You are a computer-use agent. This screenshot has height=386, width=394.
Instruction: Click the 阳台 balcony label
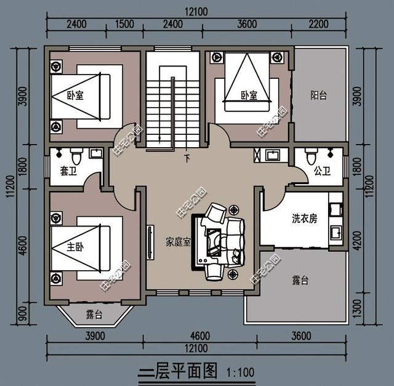(318, 95)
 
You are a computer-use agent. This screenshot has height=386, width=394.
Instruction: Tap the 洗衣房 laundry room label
(304, 219)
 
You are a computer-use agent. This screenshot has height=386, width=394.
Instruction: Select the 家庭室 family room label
(179, 241)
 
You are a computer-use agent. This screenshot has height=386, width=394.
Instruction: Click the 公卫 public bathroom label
(322, 171)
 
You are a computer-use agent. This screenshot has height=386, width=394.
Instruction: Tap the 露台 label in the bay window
(94, 315)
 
